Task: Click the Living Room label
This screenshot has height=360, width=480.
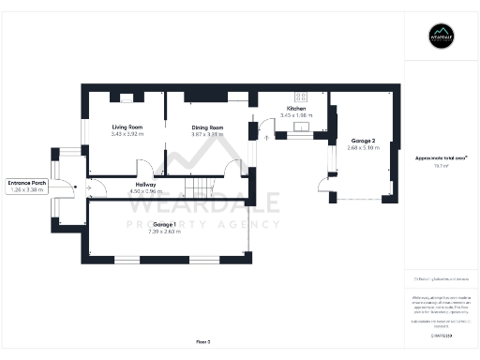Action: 125,127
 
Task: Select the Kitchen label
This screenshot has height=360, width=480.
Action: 297,109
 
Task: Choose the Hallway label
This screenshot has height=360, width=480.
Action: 144,185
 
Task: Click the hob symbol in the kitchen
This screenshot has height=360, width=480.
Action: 303,96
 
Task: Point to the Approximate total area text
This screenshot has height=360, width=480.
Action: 442,157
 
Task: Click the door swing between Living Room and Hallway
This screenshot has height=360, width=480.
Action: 145,169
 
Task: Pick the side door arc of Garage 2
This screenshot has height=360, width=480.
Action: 323,185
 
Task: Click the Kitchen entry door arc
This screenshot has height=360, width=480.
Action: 263,133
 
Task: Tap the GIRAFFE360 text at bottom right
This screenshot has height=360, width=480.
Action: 441,334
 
